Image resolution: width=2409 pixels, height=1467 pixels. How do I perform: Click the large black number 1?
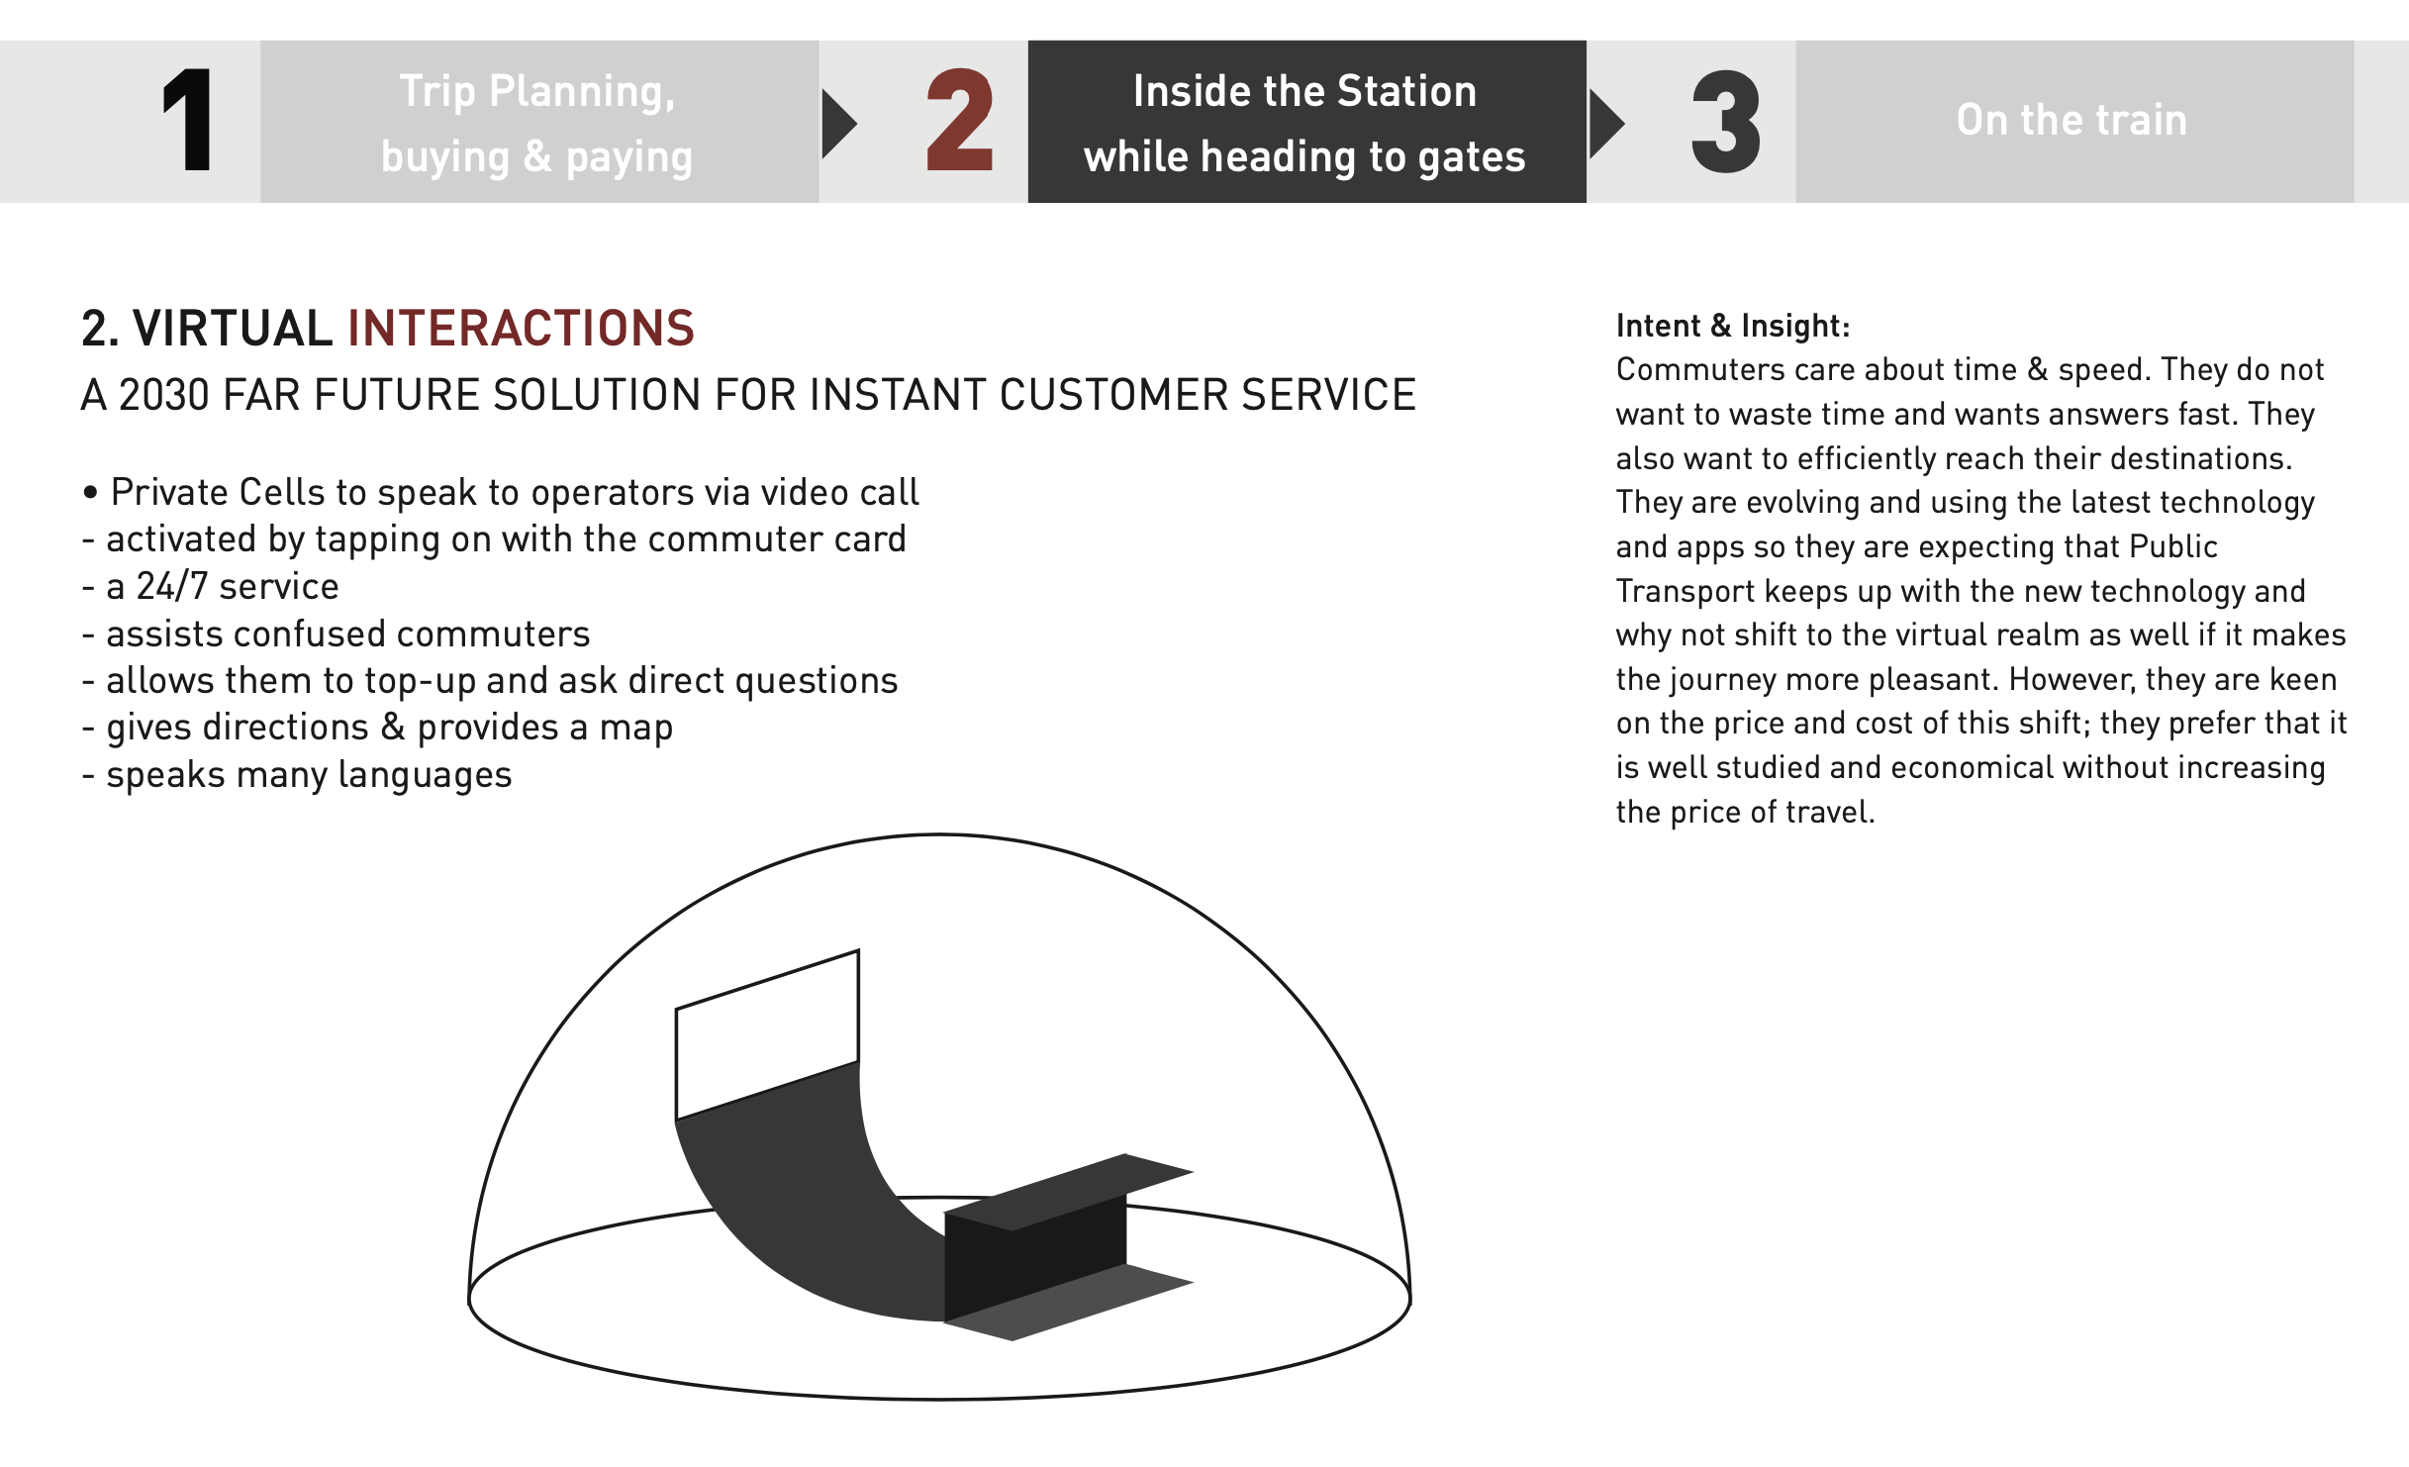click(188, 120)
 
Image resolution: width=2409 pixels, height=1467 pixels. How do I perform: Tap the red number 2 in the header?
click(959, 120)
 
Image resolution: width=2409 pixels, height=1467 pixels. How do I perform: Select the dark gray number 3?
click(1726, 121)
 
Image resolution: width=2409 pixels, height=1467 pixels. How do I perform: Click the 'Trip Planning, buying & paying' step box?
click(539, 122)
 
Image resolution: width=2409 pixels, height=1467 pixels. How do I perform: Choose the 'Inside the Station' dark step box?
click(1306, 122)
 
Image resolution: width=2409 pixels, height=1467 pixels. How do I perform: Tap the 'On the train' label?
click(2072, 120)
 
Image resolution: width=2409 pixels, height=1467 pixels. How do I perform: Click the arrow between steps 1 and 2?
click(838, 124)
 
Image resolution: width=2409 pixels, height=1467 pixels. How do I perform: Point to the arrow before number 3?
click(1606, 124)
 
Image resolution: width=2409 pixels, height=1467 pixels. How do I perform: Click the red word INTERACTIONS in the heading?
click(522, 328)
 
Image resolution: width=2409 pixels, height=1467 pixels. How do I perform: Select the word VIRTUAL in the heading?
click(233, 328)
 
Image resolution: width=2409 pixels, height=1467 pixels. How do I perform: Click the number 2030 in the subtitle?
click(163, 395)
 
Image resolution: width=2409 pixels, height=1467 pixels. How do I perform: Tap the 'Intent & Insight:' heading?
click(1733, 326)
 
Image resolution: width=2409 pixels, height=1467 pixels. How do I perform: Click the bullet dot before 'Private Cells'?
click(91, 492)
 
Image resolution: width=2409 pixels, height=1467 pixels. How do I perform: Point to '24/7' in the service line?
click(172, 586)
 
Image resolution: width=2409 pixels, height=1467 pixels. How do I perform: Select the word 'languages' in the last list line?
click(425, 775)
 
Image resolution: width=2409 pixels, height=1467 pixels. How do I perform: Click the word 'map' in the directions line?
click(636, 730)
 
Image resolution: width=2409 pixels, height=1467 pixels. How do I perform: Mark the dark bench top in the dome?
click(1069, 1192)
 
